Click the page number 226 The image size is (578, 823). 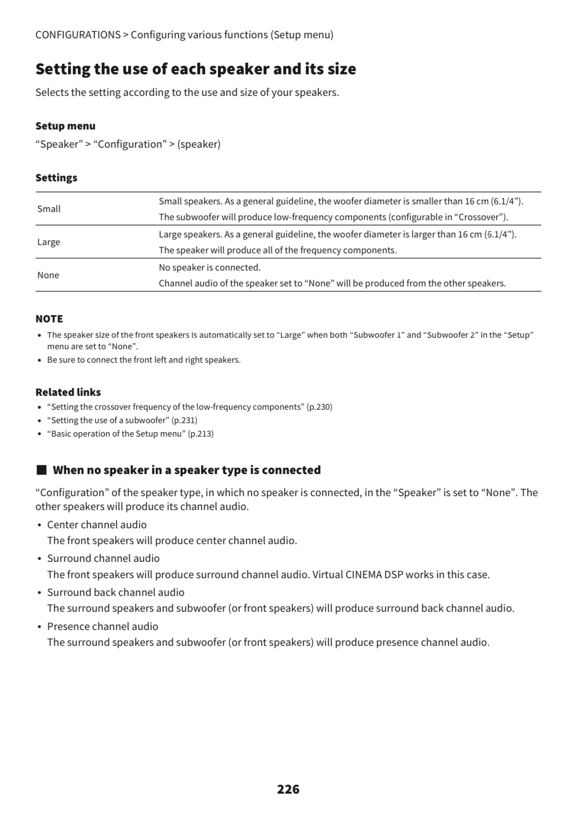pyautogui.click(x=288, y=789)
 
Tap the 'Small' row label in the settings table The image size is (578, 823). pyautogui.click(x=49, y=209)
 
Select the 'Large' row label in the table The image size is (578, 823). pyautogui.click(x=49, y=242)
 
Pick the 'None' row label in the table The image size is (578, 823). pyautogui.click(x=48, y=275)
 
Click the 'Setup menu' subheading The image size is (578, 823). pyautogui.click(x=65, y=126)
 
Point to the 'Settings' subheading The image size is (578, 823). pyautogui.click(x=56, y=178)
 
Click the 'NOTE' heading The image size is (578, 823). pyautogui.click(x=49, y=319)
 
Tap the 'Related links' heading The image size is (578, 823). pyautogui.click(x=68, y=392)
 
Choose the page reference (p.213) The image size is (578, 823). pyautogui.click(x=200, y=434)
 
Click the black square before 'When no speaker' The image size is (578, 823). pyautogui.click(x=41, y=470)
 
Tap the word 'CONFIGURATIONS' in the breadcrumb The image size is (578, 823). pyautogui.click(x=78, y=35)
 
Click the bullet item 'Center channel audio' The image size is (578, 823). pyautogui.click(x=97, y=525)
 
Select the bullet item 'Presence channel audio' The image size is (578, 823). pyautogui.click(x=102, y=626)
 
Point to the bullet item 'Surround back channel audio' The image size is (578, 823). pyautogui.click(x=115, y=592)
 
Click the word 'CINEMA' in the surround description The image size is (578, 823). pyautogui.click(x=363, y=574)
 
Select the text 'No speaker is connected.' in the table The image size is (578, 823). pyautogui.click(x=209, y=267)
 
